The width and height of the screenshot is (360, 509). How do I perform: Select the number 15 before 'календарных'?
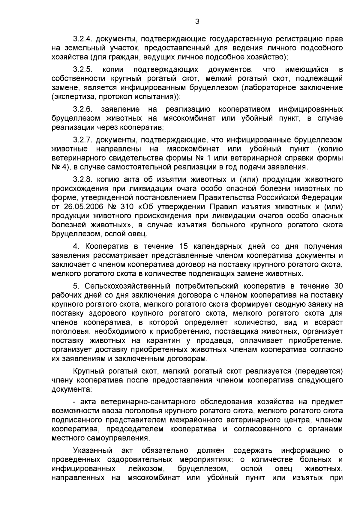point(183,247)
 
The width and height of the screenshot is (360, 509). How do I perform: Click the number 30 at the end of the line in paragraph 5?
point(337,286)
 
